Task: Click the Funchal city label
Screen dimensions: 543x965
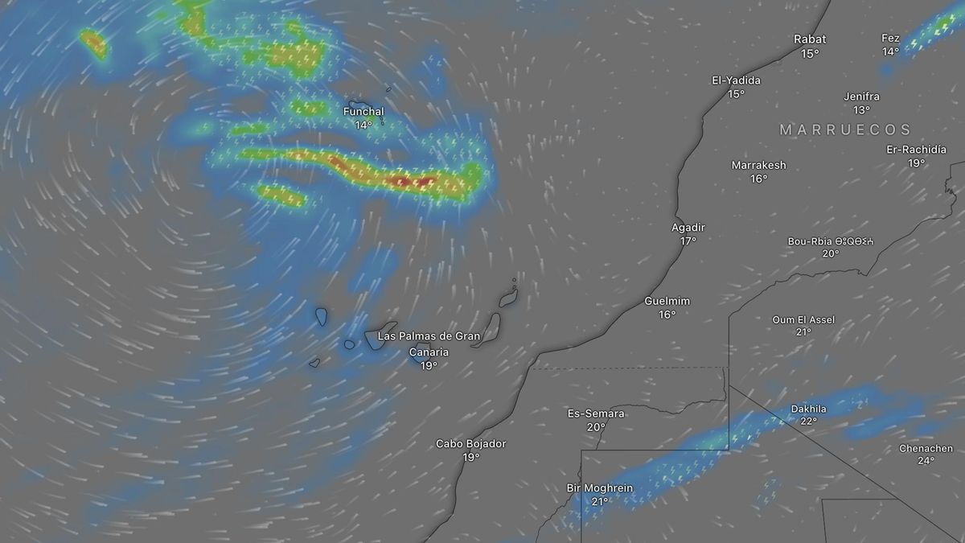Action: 363,111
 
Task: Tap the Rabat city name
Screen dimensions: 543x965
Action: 810,39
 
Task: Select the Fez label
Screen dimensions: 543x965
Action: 890,38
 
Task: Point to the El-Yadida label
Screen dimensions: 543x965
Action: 736,80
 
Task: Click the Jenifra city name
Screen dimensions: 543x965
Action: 862,97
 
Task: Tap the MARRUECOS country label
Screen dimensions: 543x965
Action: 845,130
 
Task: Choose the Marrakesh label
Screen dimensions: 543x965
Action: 758,165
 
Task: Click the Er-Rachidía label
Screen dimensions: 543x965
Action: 917,150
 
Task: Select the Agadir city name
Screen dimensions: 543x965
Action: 688,228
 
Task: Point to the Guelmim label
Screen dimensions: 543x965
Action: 667,301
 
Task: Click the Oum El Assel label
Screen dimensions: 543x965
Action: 803,319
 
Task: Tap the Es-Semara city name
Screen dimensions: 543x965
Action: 596,413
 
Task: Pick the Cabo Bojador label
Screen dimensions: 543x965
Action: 471,443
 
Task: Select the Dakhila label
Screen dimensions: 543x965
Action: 808,409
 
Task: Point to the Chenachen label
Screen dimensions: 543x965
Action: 926,448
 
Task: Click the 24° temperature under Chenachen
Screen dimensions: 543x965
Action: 926,461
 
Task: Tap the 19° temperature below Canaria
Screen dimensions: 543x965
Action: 429,366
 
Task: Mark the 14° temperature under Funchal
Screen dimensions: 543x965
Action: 363,125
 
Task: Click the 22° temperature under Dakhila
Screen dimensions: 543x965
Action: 808,422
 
